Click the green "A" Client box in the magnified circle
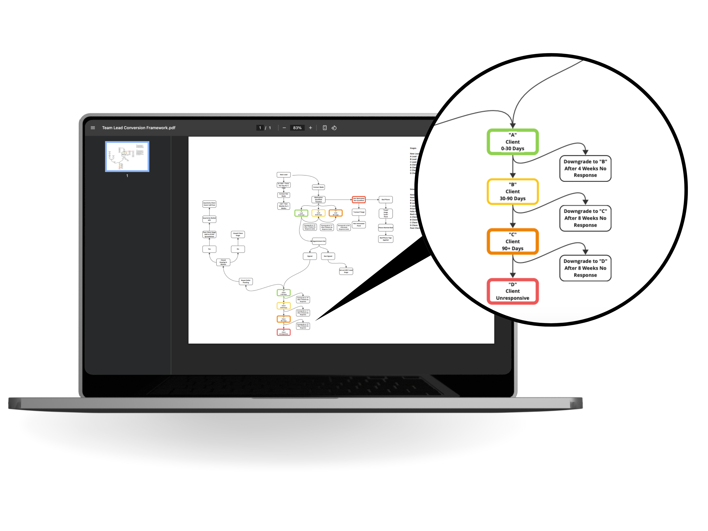[x=512, y=142]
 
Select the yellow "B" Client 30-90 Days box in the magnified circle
[x=512, y=191]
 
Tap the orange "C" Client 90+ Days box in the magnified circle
[x=512, y=241]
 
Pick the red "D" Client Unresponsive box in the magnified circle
[x=512, y=291]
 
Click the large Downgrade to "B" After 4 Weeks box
[x=585, y=168]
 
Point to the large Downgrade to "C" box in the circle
[x=585, y=218]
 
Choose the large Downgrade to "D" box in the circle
[x=585, y=268]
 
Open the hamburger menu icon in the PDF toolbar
[x=93, y=128]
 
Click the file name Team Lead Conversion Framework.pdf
[x=139, y=128]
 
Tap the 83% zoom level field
[x=297, y=128]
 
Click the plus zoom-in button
[x=310, y=128]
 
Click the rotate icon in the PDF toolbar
[x=334, y=128]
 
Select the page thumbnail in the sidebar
[x=127, y=156]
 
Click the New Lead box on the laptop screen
[x=284, y=175]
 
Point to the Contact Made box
[x=318, y=187]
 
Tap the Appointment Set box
[x=319, y=241]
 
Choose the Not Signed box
[x=328, y=256]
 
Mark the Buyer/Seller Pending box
[x=246, y=281]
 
